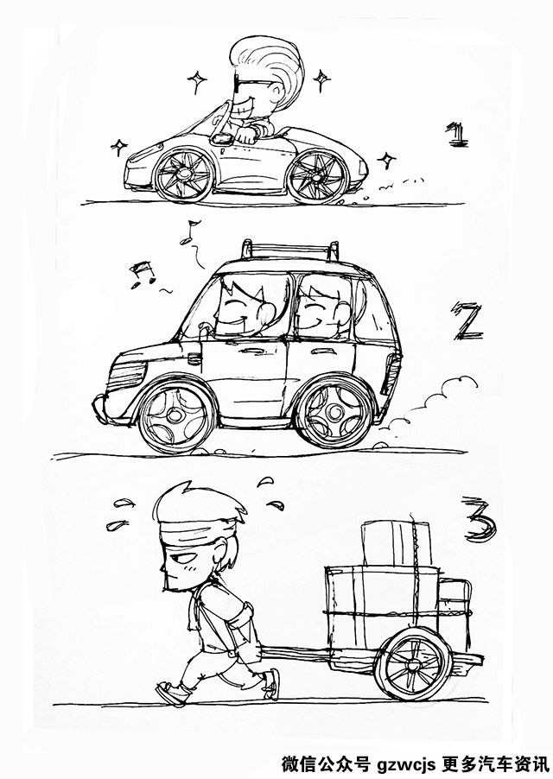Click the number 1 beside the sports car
click(x=457, y=135)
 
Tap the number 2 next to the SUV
click(x=467, y=323)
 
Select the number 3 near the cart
click(x=480, y=521)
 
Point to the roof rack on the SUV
click(x=290, y=250)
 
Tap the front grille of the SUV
click(x=127, y=376)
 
